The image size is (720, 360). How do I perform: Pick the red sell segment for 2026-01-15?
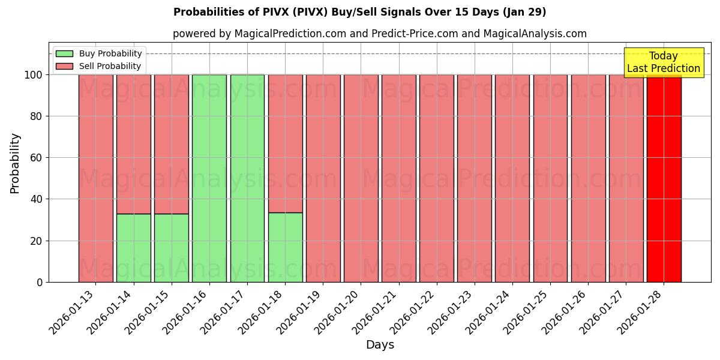(x=171, y=144)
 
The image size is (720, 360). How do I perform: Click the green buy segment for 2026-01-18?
(x=285, y=247)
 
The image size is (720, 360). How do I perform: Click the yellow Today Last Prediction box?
(x=664, y=62)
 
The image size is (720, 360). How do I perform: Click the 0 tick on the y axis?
(x=40, y=282)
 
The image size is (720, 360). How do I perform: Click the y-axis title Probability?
(x=15, y=163)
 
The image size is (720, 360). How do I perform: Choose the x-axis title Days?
(x=380, y=344)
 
